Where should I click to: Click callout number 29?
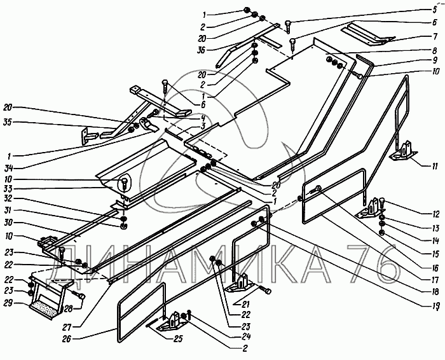[x=8, y=303]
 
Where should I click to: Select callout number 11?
[x=435, y=167]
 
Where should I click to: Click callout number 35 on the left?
[x=8, y=123]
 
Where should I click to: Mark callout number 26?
[x=66, y=339]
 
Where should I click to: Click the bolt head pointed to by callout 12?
[x=381, y=200]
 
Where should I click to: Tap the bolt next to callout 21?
[x=265, y=291]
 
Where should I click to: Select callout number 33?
[x=8, y=189]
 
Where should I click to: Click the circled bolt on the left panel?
[x=125, y=183]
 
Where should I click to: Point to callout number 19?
[x=435, y=305]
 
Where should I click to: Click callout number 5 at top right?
[x=435, y=10]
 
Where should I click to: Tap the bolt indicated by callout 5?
[x=288, y=25]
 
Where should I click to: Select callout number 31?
[x=8, y=210]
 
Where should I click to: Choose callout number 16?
[x=435, y=267]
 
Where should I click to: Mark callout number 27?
[x=67, y=326]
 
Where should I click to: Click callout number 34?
[x=8, y=169]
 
